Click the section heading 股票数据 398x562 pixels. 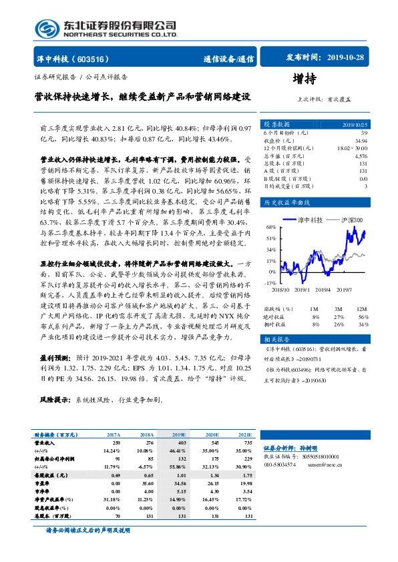tap(277, 125)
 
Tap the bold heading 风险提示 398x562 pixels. tap(55, 400)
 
